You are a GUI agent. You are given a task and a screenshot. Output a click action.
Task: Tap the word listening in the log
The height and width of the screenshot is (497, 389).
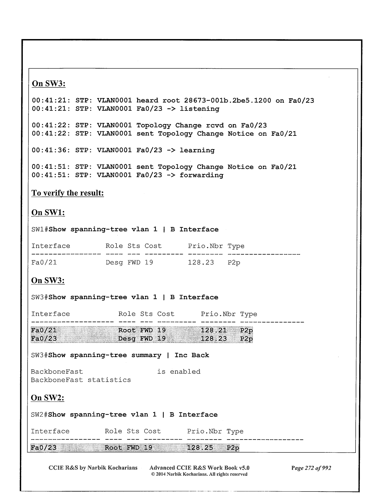tap(199, 109)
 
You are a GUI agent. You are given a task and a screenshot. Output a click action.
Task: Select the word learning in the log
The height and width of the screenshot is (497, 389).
tap(197, 150)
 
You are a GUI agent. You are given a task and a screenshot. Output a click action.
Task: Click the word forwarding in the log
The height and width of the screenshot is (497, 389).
tap(201, 175)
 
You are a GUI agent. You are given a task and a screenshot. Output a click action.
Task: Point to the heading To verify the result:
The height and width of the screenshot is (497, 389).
tap(68, 193)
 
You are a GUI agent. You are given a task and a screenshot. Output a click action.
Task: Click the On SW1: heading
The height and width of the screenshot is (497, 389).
tap(48, 212)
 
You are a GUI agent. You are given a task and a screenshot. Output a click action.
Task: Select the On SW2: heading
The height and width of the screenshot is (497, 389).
tap(48, 398)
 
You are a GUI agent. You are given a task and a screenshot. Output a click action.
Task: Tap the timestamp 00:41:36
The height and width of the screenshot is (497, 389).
tap(49, 150)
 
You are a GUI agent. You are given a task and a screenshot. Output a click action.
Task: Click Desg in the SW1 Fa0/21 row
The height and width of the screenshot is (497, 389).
tap(114, 263)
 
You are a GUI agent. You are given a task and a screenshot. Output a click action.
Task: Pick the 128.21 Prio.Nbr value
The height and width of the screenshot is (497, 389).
tap(214, 330)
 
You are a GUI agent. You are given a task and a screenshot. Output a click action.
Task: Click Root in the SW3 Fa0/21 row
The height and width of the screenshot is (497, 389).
tap(127, 330)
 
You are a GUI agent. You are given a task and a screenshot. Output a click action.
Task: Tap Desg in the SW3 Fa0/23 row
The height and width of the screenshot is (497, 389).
tap(127, 339)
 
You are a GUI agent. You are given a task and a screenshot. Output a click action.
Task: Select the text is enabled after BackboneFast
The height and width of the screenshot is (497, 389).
tap(179, 372)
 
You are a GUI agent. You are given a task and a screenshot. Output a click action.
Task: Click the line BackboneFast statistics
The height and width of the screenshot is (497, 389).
tap(81, 380)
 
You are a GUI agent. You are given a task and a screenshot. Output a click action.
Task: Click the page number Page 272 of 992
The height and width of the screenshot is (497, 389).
tap(311, 468)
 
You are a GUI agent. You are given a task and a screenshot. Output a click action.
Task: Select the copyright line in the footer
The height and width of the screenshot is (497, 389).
tap(199, 474)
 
